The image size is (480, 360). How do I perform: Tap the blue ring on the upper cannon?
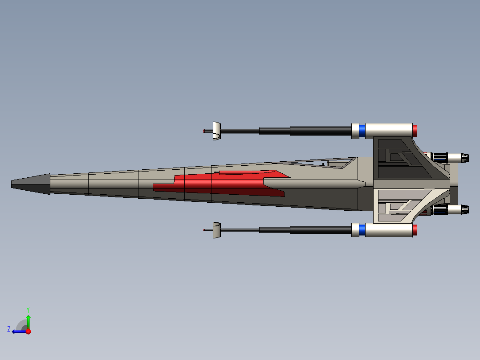pos(362,131)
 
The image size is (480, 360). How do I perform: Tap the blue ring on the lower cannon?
pos(362,230)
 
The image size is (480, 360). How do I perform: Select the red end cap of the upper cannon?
pos(415,131)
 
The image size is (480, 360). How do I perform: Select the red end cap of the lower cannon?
pos(415,230)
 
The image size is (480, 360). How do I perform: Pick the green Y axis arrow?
pos(28,321)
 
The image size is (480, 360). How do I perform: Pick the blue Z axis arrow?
pos(18,331)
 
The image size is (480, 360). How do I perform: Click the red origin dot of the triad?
pos(28,331)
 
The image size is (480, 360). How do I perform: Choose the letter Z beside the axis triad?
pos(9,329)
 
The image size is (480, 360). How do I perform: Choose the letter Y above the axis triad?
pos(28,309)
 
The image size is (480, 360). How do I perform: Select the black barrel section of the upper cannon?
pos(321,131)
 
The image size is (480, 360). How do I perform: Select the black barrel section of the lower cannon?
pos(321,230)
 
